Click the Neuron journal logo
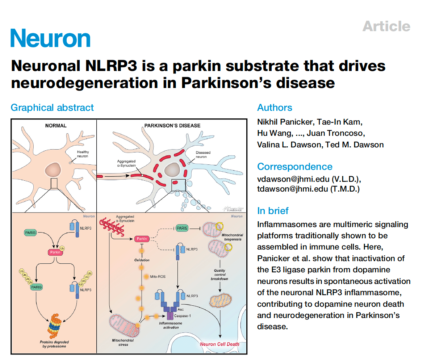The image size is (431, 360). pyautogui.click(x=50, y=38)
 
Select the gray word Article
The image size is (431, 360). pyautogui.click(x=386, y=26)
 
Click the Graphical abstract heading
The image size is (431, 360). pyautogui.click(x=52, y=108)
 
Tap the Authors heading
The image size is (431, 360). pyautogui.click(x=275, y=108)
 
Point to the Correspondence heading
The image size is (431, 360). pyautogui.click(x=294, y=167)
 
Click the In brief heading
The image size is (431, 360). pyautogui.click(x=273, y=211)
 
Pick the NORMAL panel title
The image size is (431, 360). pyautogui.click(x=55, y=126)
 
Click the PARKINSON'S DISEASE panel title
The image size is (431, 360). pyautogui.click(x=172, y=126)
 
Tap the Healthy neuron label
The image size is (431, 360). pyautogui.click(x=83, y=154)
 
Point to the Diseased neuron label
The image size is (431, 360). pyautogui.click(x=203, y=155)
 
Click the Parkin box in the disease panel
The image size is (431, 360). pyautogui.click(x=142, y=239)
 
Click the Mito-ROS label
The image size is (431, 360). pyautogui.click(x=158, y=277)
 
